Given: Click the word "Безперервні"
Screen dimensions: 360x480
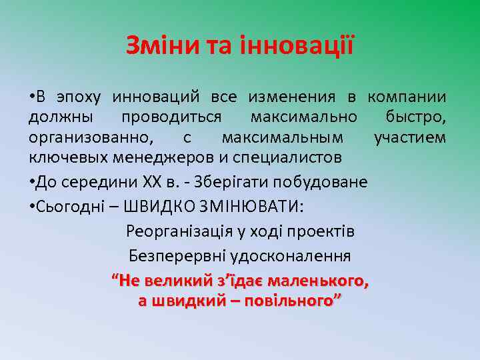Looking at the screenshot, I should point(171,256).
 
